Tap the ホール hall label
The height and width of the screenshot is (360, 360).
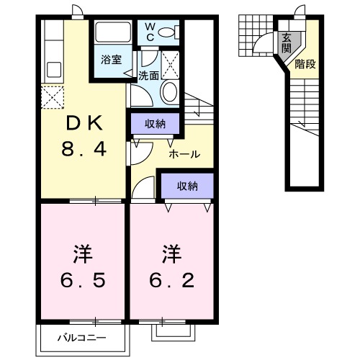[184, 154]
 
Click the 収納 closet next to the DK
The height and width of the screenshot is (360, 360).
[154, 124]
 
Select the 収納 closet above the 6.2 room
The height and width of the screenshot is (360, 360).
[187, 186]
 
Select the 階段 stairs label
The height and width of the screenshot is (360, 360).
[305, 65]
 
